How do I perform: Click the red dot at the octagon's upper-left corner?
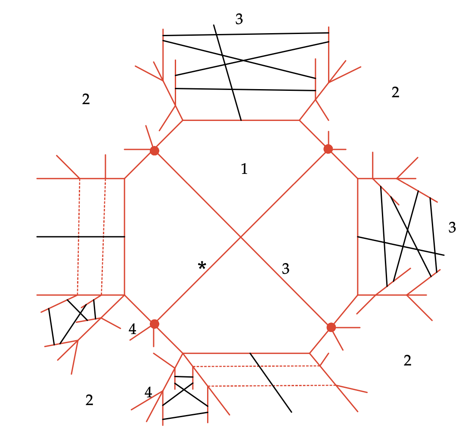pyautogui.click(x=155, y=151)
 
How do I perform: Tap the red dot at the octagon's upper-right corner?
pyautogui.click(x=328, y=149)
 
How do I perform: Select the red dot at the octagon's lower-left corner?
pyautogui.click(x=155, y=324)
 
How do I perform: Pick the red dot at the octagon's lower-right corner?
pyautogui.click(x=331, y=327)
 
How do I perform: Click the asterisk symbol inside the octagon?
pyautogui.click(x=202, y=266)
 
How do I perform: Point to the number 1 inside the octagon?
pyautogui.click(x=244, y=169)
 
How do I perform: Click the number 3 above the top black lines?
pyautogui.click(x=239, y=19)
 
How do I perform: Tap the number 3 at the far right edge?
pyautogui.click(x=452, y=227)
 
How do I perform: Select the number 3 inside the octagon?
pyautogui.click(x=286, y=269)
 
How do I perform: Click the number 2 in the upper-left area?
pyautogui.click(x=86, y=99)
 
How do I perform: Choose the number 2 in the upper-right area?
pyautogui.click(x=395, y=92)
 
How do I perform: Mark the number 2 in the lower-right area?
pyautogui.click(x=407, y=360)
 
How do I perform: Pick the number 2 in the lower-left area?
pyautogui.click(x=89, y=400)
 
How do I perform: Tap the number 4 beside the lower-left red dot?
pyautogui.click(x=133, y=329)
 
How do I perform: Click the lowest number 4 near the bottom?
pyautogui.click(x=149, y=393)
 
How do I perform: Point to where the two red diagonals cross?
pyautogui.click(x=241, y=237)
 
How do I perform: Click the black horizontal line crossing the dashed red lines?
pyautogui.click(x=81, y=237)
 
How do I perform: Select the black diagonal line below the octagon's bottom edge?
pyautogui.click(x=271, y=383)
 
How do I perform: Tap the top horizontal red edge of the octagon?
pyautogui.click(x=241, y=120)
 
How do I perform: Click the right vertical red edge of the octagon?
pyautogui.click(x=358, y=237)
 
